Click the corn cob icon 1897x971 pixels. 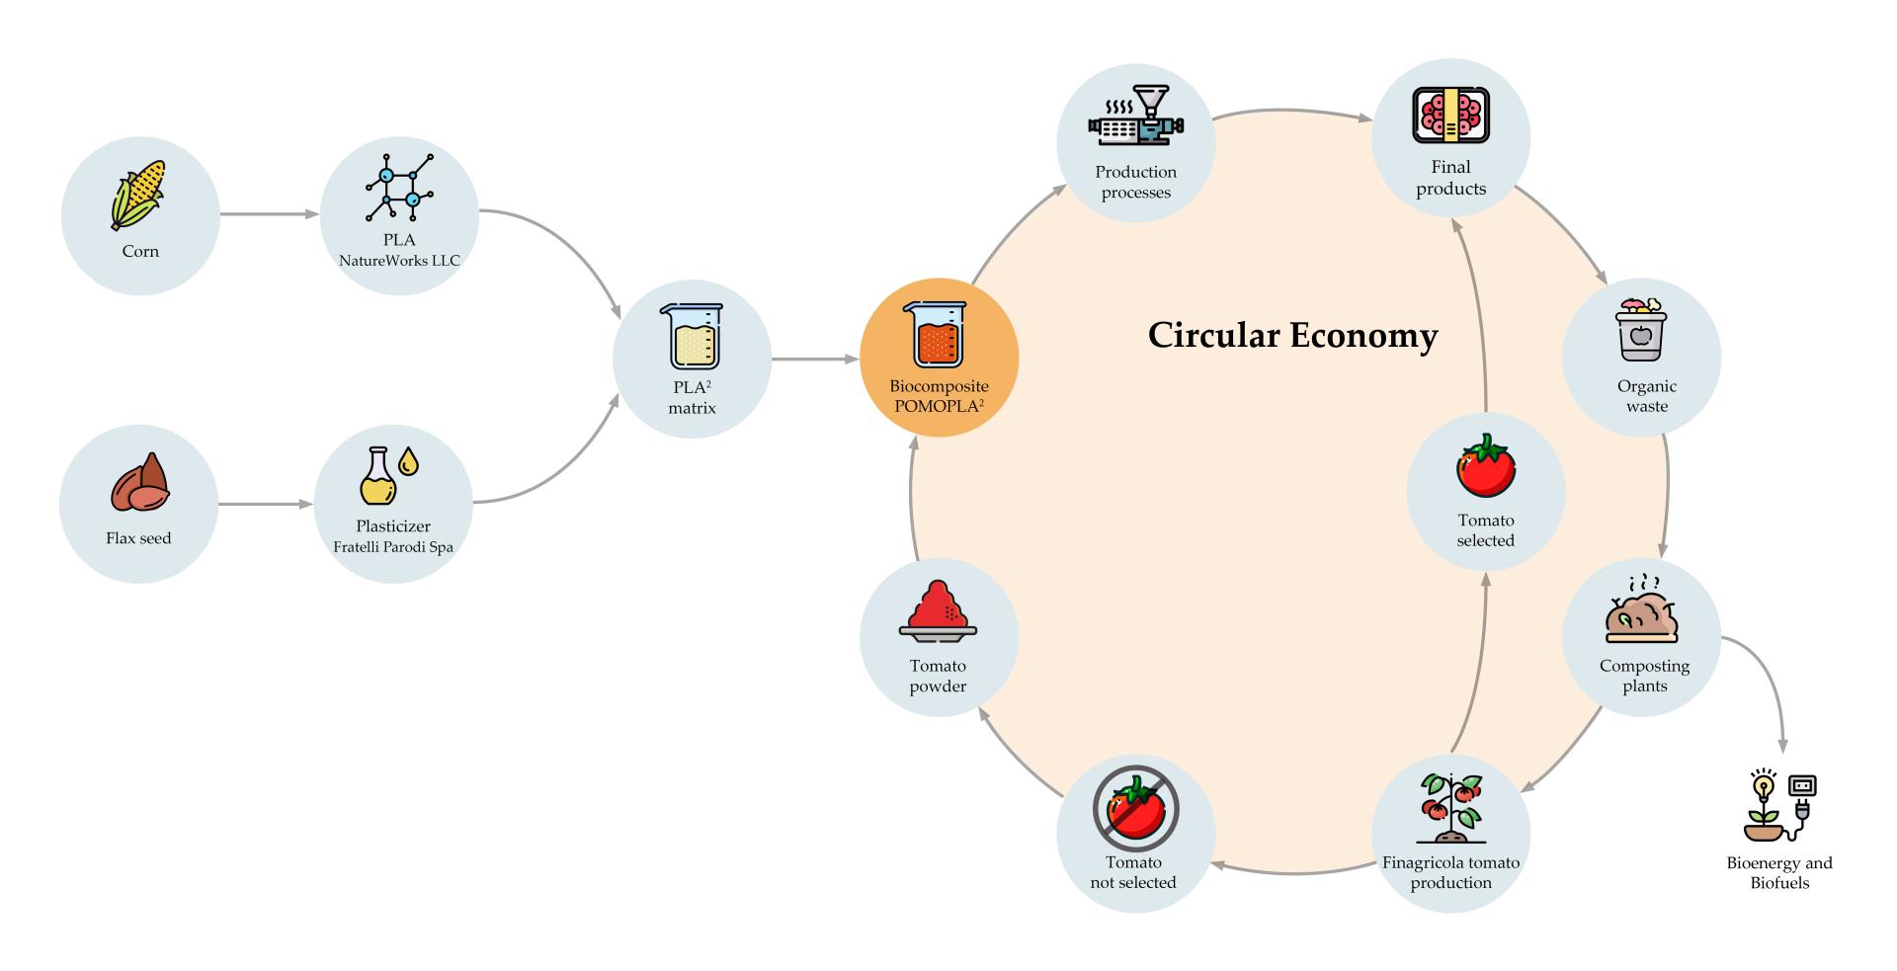tap(138, 195)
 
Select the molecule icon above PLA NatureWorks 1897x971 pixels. tap(399, 188)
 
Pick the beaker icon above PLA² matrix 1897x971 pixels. tap(692, 337)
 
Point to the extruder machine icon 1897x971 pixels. tap(1135, 121)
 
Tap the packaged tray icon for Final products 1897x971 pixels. tap(1450, 116)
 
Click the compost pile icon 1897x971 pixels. tap(1642, 611)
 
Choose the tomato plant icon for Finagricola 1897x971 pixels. tap(1450, 809)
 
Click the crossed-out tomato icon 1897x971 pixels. tap(1135, 809)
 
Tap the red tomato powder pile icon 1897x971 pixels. tap(938, 609)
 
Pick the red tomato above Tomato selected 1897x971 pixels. tap(1485, 468)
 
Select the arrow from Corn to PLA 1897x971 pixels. tap(269, 213)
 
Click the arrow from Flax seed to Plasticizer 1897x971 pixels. tap(265, 505)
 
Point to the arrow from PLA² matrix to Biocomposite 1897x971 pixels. tap(814, 359)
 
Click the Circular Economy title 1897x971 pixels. tap(1292, 336)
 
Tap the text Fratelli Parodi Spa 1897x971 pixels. tap(393, 546)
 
